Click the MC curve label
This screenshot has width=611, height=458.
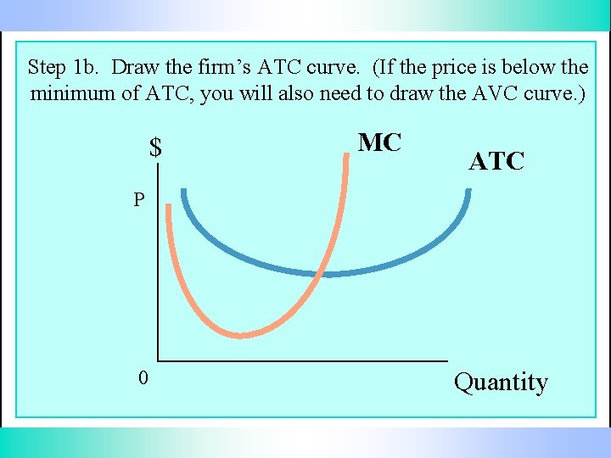pos(379,142)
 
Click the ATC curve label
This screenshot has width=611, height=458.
pos(496,161)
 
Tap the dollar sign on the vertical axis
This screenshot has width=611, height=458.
pos(155,148)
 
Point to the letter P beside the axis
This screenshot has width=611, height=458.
pos(138,201)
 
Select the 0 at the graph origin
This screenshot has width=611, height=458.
pos(143,378)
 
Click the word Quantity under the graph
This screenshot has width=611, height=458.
pos(501,383)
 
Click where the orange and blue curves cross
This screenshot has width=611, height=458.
pos(317,273)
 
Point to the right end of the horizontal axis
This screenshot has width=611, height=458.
pos(446,359)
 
